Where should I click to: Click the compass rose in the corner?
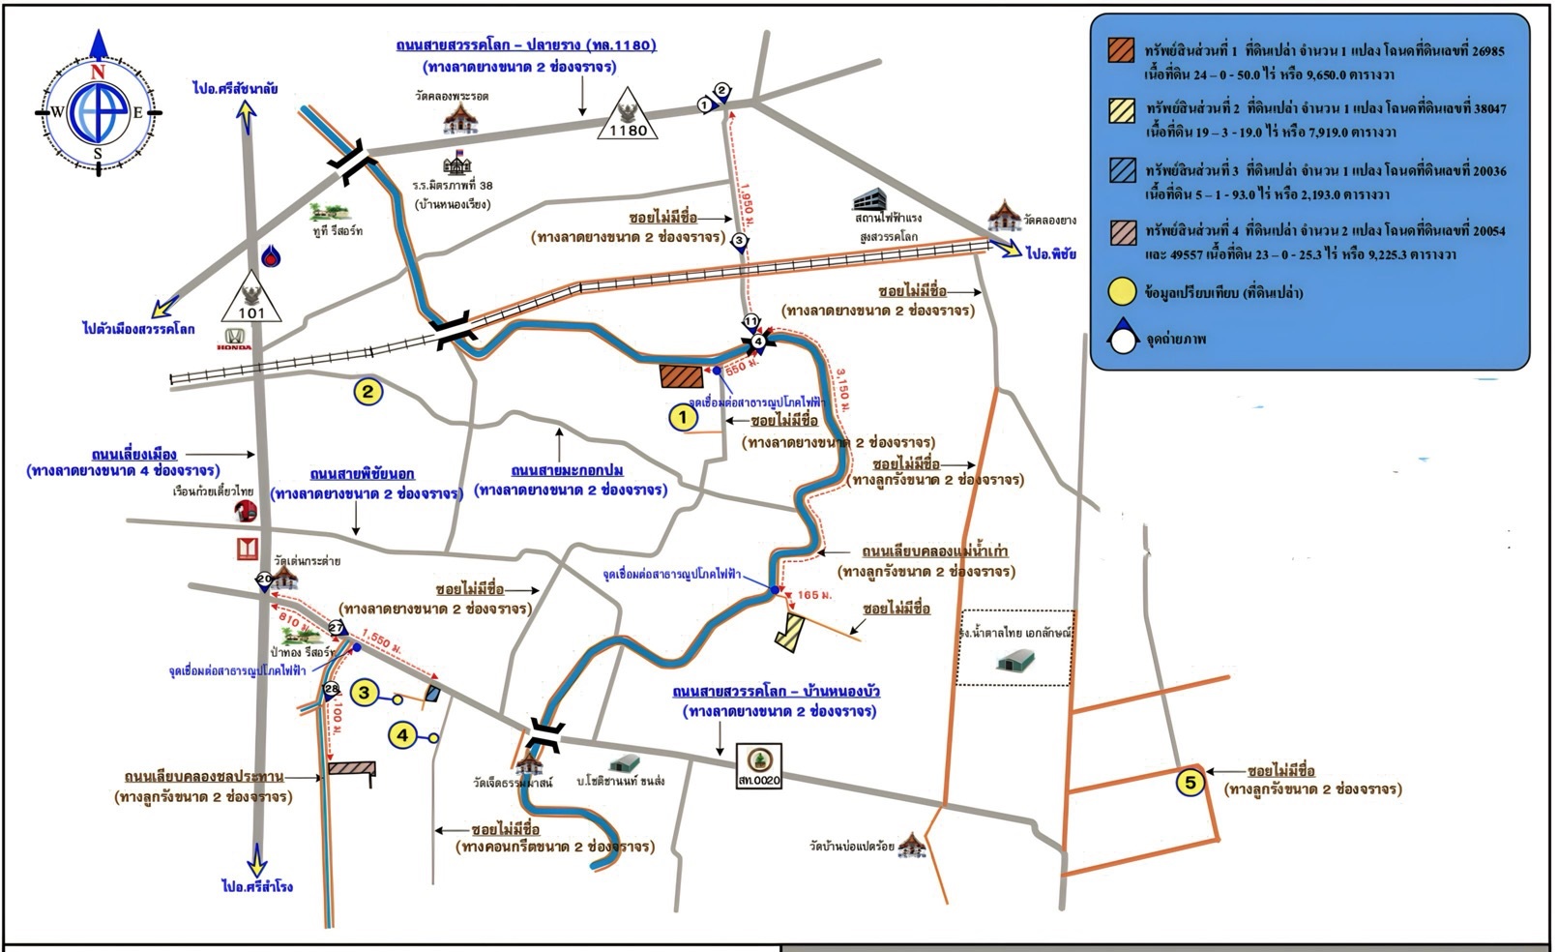pyautogui.click(x=98, y=111)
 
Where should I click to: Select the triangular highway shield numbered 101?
pyautogui.click(x=250, y=299)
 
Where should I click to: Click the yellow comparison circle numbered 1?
pyautogui.click(x=683, y=418)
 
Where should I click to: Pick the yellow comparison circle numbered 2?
pyautogui.click(x=367, y=392)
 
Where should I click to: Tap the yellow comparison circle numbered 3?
pyautogui.click(x=365, y=693)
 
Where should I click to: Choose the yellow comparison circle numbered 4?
pyautogui.click(x=402, y=736)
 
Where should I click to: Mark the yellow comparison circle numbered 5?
pyautogui.click(x=1191, y=782)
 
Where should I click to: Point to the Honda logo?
pyautogui.click(x=234, y=340)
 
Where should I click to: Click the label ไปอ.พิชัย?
pyautogui.click(x=1051, y=253)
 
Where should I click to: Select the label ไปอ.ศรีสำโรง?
pyautogui.click(x=256, y=886)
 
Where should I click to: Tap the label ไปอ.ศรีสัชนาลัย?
pyautogui.click(x=235, y=89)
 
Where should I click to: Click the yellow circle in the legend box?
pyautogui.click(x=1122, y=292)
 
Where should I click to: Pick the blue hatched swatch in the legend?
pyautogui.click(x=1122, y=170)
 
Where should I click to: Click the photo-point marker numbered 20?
pyautogui.click(x=264, y=580)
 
